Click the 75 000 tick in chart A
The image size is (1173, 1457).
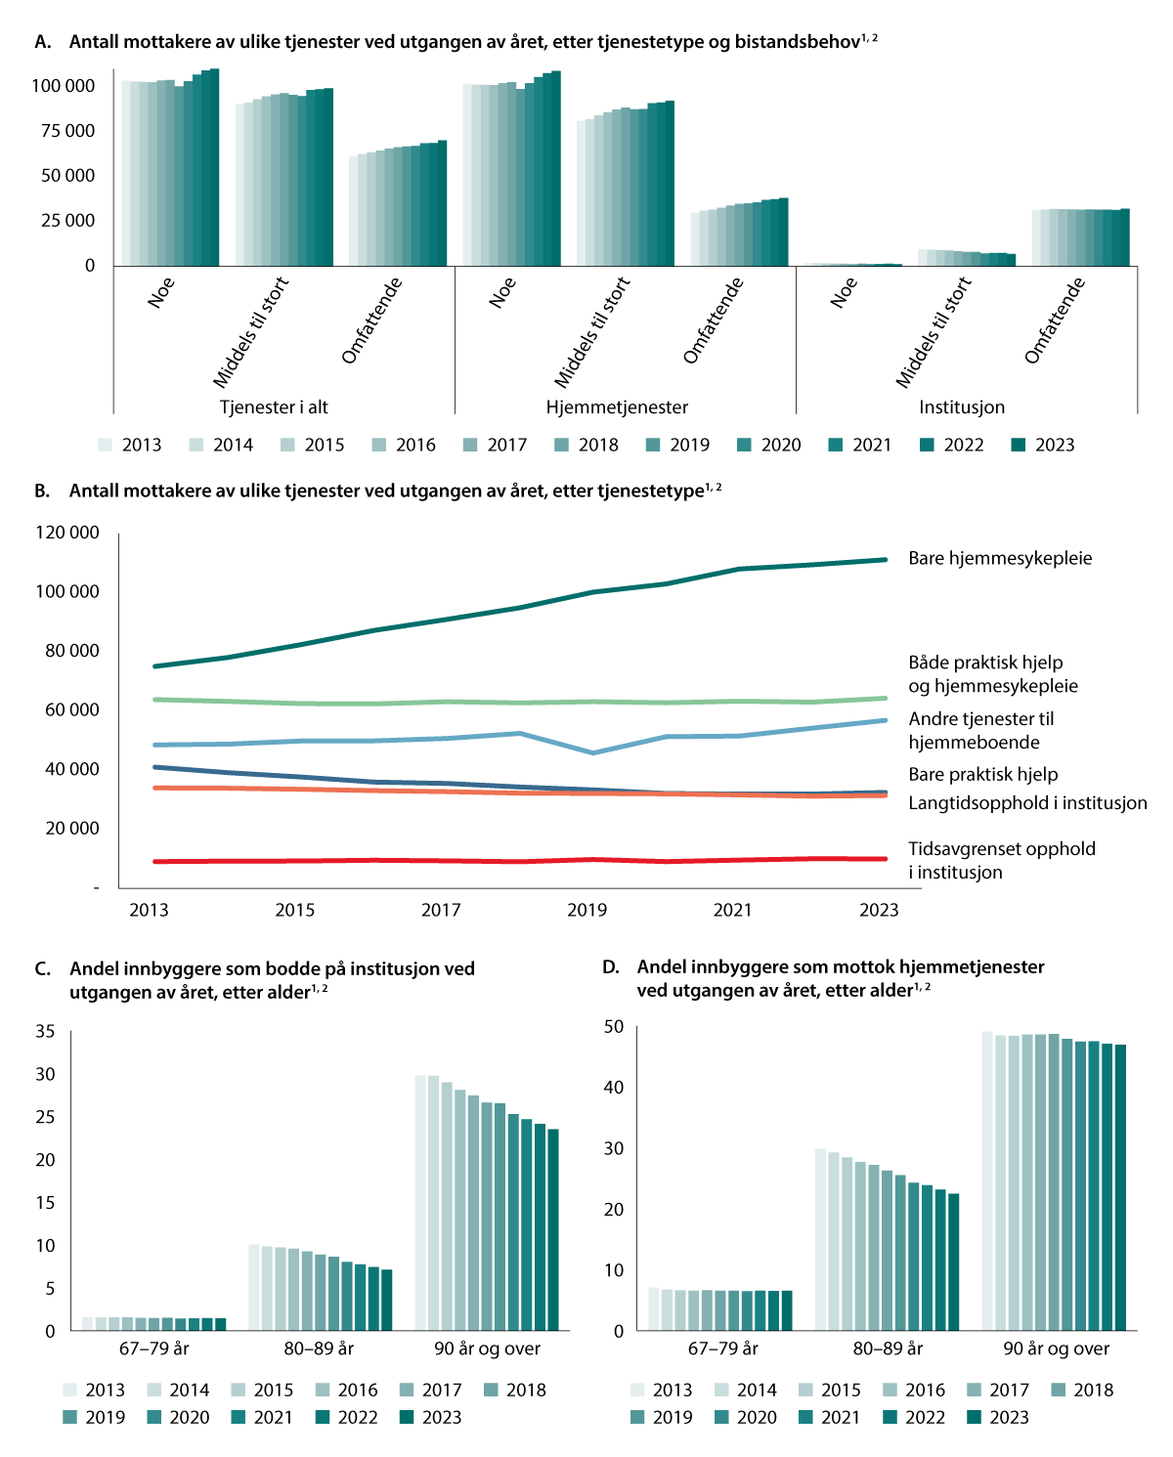67,131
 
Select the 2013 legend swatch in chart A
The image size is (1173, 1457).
106,445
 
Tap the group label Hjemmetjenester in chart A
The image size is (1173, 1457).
617,407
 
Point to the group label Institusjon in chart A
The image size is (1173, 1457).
961,407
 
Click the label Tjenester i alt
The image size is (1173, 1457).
274,407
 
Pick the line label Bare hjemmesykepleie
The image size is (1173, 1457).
1000,558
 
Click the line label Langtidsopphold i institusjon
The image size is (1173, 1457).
1027,802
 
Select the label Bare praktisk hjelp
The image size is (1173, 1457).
982,774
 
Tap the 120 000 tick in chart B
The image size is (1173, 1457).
67,533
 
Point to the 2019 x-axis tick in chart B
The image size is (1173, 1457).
586,910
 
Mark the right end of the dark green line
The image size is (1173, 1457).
885,560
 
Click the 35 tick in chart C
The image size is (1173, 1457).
45,1031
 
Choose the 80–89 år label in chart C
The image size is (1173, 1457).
319,1349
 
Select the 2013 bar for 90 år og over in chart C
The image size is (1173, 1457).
421,1202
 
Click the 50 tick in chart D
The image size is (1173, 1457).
613,1026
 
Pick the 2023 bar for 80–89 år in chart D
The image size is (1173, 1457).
954,1262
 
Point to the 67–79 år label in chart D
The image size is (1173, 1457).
723,1349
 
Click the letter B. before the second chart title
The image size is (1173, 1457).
42,491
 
